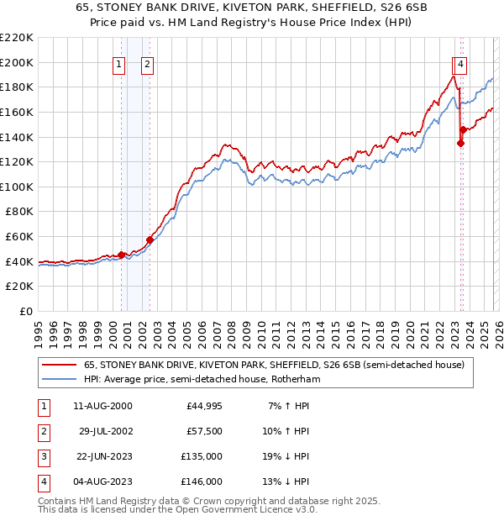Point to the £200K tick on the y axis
tap(17, 62)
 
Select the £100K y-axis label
tap(17, 187)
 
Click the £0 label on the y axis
tap(25, 311)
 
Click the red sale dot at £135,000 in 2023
tap(460, 143)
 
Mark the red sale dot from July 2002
tap(150, 239)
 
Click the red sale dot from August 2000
tap(121, 255)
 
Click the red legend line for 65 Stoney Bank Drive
tap(59, 366)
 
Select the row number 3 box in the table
tap(43, 456)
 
